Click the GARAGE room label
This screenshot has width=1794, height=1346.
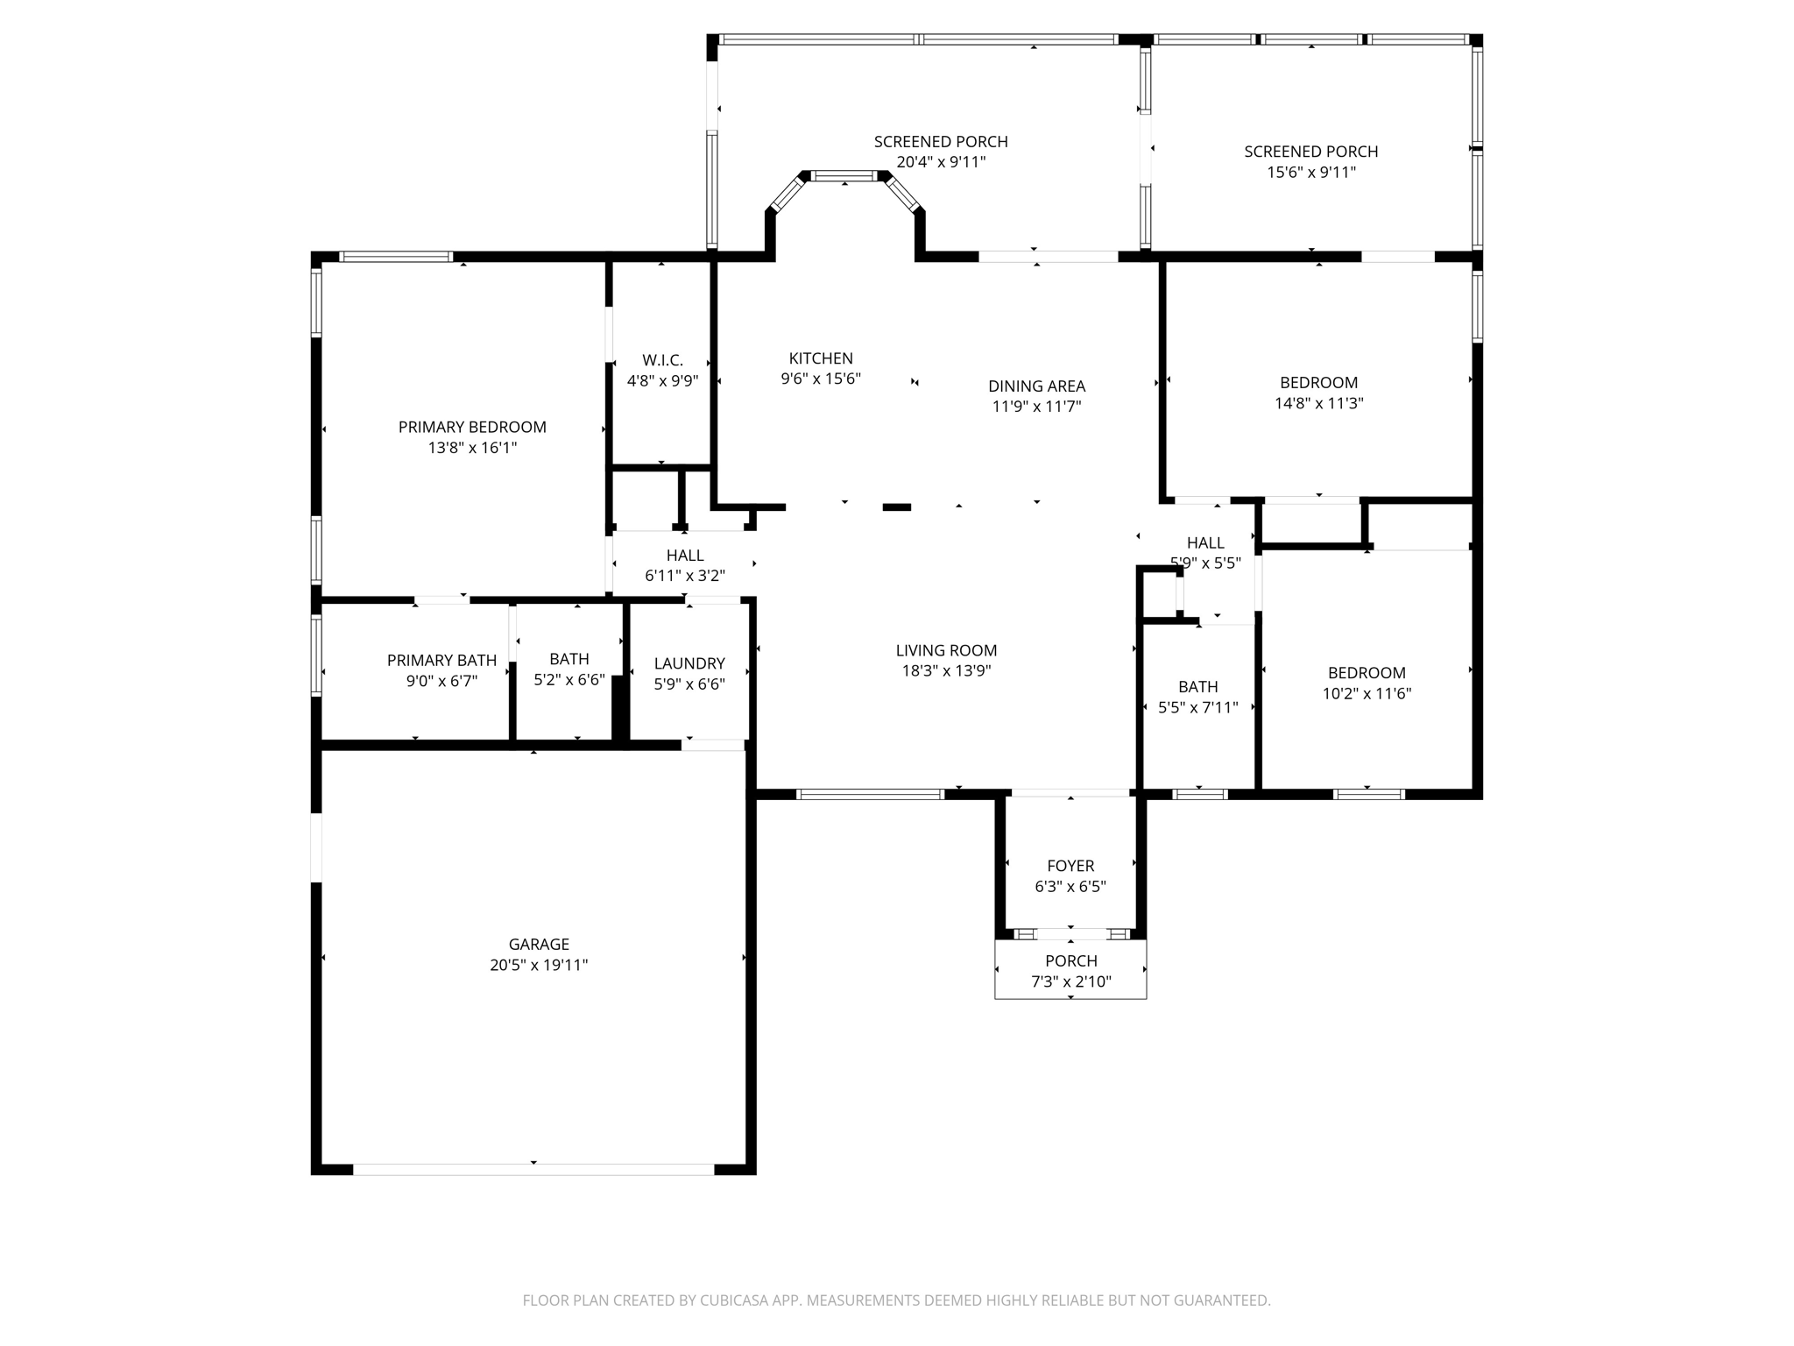click(539, 944)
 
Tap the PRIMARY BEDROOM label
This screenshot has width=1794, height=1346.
click(472, 427)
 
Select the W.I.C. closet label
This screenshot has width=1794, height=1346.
click(662, 360)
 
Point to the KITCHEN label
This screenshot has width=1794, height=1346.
click(821, 358)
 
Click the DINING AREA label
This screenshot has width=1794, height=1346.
click(1036, 386)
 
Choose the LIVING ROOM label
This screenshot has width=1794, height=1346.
click(946, 650)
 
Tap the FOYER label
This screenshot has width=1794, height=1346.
click(1070, 866)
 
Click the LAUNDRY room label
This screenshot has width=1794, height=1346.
click(689, 663)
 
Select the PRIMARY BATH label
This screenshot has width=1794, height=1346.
click(441, 660)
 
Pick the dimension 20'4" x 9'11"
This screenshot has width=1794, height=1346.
click(941, 162)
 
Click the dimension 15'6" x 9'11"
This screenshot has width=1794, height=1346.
click(1311, 173)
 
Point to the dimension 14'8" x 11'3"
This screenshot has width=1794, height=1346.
click(1318, 403)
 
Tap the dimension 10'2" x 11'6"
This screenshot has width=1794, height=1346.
click(1367, 694)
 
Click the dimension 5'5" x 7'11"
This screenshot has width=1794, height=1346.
click(1197, 707)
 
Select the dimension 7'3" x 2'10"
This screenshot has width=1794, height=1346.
click(1070, 981)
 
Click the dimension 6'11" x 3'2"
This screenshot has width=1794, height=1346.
click(685, 576)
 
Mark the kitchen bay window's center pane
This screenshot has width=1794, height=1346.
click(844, 176)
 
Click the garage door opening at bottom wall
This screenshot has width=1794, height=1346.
click(533, 1169)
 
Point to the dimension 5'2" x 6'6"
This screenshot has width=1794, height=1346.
click(569, 679)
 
